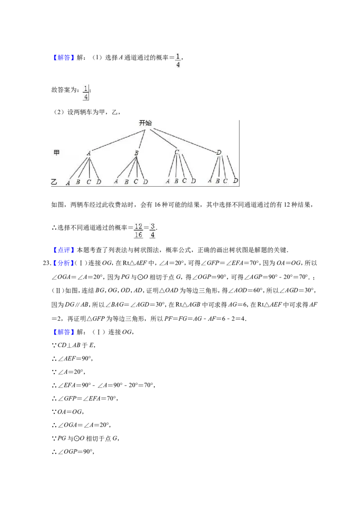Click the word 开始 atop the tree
145,123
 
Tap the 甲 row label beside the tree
57,152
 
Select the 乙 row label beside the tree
54,182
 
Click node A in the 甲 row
89,153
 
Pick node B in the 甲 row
136,152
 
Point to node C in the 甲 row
177,152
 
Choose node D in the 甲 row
219,152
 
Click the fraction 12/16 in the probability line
139,231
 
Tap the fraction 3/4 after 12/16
153,231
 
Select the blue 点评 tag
63,250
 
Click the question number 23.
47,263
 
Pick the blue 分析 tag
63,263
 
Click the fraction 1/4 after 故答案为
86,93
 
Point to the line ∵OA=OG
68,411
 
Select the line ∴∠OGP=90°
73,451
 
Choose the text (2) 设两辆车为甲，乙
87,112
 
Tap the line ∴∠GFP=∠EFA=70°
85,398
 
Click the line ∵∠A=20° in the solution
68,372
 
